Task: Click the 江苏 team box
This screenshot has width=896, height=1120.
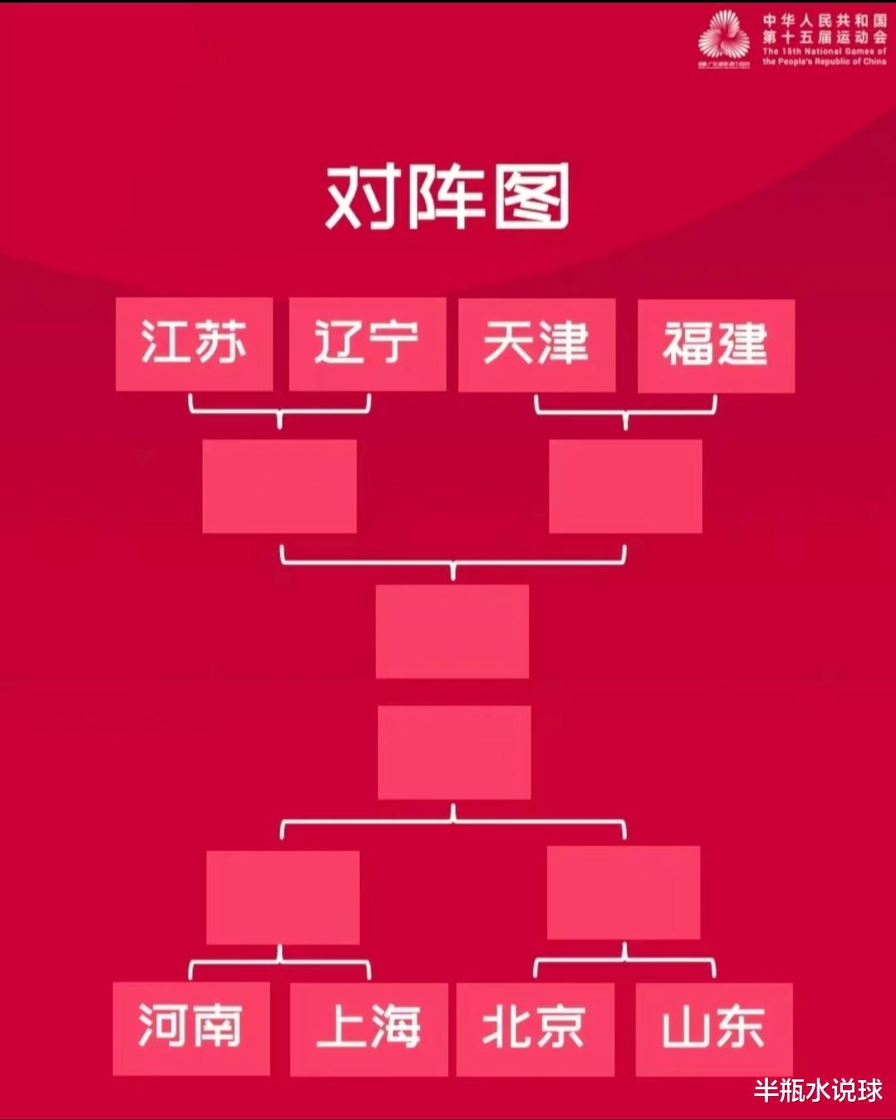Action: [x=193, y=344]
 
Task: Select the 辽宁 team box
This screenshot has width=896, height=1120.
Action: [x=367, y=344]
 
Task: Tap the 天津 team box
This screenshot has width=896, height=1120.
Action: [x=536, y=345]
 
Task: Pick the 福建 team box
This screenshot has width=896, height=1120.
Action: [x=716, y=346]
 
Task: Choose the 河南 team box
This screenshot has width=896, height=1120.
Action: [x=191, y=1028]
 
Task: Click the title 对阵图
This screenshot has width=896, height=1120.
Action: [x=448, y=198]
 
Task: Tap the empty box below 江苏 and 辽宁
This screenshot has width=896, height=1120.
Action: [x=279, y=486]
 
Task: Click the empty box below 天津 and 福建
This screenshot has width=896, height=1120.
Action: [x=625, y=486]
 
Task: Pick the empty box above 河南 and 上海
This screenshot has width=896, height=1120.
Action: [x=282, y=896]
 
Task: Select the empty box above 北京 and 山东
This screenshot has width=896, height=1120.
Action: [x=624, y=892]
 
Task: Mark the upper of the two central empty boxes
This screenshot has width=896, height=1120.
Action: [x=452, y=631]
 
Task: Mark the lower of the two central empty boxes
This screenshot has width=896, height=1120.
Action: [x=453, y=752]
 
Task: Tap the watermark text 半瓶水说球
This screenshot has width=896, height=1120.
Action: [x=818, y=1090]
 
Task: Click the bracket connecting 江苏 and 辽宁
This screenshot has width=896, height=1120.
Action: [x=279, y=410]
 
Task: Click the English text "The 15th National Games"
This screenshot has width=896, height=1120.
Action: [x=824, y=52]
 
